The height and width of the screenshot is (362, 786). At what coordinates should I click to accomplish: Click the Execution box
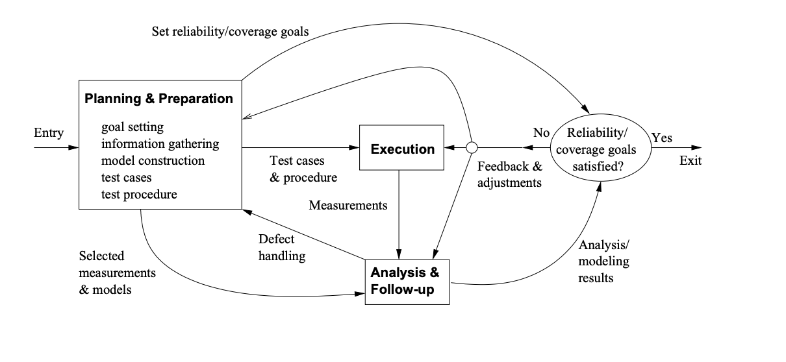(x=402, y=149)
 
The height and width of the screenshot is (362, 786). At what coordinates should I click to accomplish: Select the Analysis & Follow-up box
(x=406, y=281)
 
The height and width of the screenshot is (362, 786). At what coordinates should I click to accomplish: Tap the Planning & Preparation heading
(x=158, y=99)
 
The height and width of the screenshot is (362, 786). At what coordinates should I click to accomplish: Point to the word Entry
(x=49, y=134)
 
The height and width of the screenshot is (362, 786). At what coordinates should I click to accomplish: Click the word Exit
(x=691, y=160)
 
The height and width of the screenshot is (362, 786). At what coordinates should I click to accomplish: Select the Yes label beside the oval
(x=662, y=138)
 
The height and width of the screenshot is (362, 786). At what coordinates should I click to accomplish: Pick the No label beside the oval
(x=541, y=133)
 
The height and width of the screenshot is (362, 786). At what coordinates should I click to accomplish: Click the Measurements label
(x=348, y=206)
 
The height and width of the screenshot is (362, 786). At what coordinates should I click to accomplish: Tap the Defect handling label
(x=281, y=248)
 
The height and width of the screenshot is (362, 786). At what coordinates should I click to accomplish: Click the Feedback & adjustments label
(x=509, y=175)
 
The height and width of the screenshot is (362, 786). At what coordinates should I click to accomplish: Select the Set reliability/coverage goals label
(x=231, y=30)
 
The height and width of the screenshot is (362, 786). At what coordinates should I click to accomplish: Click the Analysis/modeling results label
(x=603, y=261)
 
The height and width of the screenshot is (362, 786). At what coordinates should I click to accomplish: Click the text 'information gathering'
(x=160, y=143)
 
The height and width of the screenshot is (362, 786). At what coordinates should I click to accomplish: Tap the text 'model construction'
(x=153, y=160)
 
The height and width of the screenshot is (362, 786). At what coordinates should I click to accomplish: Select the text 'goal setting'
(x=133, y=127)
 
